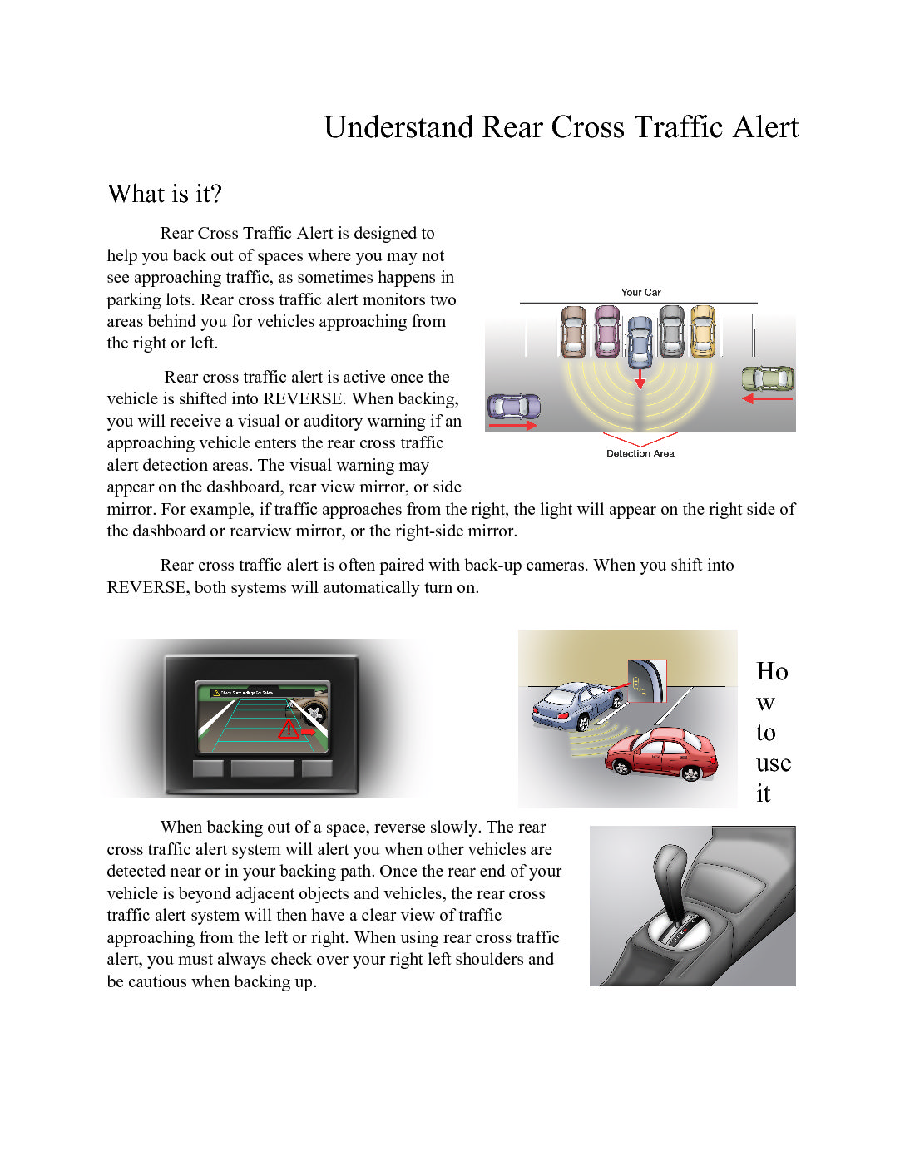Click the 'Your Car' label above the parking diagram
click(640, 292)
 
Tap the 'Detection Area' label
click(640, 453)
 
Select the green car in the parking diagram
click(768, 379)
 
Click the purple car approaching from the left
click(513, 407)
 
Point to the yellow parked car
click(703, 331)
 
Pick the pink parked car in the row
click(607, 331)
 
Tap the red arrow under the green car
click(767, 399)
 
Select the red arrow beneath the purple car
click(512, 426)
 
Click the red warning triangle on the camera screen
click(289, 729)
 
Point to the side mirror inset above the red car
click(646, 680)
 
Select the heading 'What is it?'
click(165, 194)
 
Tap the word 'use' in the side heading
click(773, 763)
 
